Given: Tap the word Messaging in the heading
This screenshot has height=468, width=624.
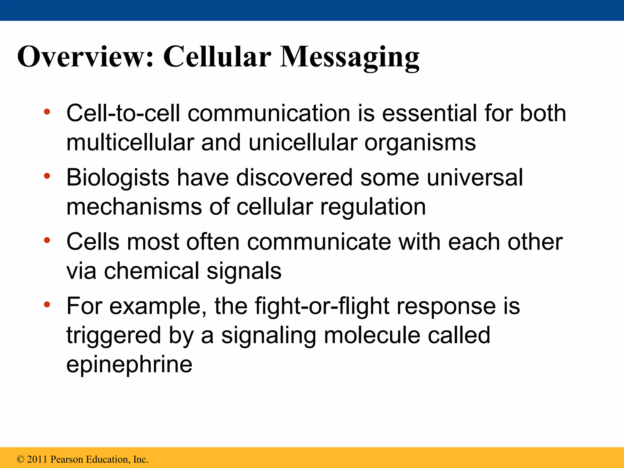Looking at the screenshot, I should (349, 57).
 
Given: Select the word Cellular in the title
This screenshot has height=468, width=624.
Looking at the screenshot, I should (217, 57).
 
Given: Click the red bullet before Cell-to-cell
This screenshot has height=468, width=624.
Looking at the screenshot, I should (47, 112).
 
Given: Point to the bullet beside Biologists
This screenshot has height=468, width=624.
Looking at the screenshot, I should (47, 176).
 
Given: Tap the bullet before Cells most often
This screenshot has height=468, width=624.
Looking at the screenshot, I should (47, 240).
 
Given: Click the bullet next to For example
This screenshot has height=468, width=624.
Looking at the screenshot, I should (47, 304).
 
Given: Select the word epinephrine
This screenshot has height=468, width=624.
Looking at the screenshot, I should (129, 365).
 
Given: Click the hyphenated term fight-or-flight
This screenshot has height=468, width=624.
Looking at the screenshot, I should (322, 306).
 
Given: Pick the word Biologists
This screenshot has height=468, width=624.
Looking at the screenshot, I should (118, 178).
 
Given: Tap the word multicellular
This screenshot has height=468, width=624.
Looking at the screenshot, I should (130, 142).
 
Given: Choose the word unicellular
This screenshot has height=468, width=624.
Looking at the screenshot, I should (303, 142).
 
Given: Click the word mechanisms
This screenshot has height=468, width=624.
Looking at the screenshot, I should (134, 207).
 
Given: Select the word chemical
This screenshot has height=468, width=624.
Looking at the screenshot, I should (151, 271).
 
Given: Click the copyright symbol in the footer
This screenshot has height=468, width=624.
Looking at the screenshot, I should (20, 459).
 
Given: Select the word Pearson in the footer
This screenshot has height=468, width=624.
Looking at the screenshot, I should (67, 459).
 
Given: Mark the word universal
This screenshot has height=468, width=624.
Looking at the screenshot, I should (475, 178).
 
